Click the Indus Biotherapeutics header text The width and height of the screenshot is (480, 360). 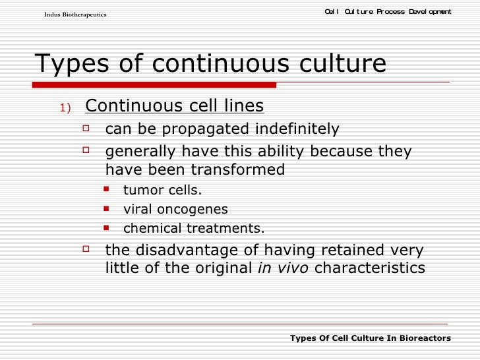[75, 15]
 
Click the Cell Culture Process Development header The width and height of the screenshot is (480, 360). [388, 11]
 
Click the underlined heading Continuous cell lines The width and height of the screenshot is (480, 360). [175, 106]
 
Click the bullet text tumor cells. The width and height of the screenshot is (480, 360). [163, 191]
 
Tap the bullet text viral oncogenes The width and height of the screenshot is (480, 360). [175, 210]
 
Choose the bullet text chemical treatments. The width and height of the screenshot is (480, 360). [194, 229]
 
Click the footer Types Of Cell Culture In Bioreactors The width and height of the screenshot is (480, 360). [370, 338]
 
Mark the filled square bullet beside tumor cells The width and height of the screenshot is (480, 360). [108, 191]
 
